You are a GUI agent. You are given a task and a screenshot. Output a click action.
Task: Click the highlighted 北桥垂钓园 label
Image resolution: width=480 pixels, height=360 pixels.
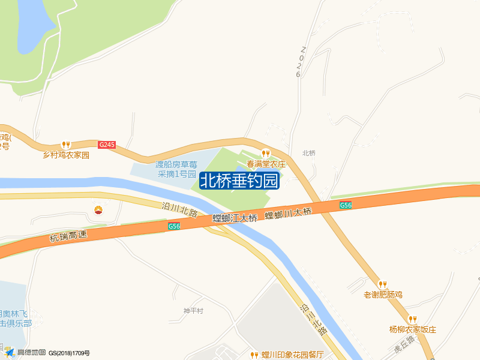(x=239, y=181)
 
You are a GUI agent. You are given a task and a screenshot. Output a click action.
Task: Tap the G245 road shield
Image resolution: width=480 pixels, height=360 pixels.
(x=107, y=145)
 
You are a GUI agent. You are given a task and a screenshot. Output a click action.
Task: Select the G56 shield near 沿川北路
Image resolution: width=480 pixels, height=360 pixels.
(x=174, y=226)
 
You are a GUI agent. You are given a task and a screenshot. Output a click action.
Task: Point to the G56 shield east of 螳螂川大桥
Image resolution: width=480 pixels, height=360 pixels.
(x=346, y=205)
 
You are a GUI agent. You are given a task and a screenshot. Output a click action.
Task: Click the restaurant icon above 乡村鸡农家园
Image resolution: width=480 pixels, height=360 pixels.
(x=66, y=145)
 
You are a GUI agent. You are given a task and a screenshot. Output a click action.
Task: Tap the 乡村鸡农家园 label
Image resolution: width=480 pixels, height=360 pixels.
(x=65, y=155)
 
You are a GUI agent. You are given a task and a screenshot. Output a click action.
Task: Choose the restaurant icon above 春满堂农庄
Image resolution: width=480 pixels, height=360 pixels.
(x=265, y=154)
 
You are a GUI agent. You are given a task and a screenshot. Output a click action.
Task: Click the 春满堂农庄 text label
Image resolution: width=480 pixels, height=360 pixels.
(x=265, y=164)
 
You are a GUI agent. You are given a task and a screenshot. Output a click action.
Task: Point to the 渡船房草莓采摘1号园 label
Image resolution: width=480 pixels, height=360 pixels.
(x=176, y=169)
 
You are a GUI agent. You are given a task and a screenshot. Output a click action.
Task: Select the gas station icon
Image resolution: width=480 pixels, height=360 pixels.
(x=98, y=209)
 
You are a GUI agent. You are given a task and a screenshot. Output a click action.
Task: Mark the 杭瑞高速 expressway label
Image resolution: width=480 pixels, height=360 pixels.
(x=68, y=236)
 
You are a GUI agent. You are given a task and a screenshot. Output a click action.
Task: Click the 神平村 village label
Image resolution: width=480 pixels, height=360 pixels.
(x=194, y=311)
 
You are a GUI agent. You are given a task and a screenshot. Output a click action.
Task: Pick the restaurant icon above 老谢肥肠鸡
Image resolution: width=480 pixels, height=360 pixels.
(x=382, y=284)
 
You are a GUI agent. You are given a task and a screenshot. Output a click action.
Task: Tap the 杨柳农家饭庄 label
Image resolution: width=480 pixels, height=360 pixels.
(x=412, y=329)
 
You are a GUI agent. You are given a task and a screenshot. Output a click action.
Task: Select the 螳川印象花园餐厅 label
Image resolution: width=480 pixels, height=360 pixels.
(x=293, y=355)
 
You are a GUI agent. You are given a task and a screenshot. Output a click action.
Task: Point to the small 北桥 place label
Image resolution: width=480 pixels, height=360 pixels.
(x=309, y=153)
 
